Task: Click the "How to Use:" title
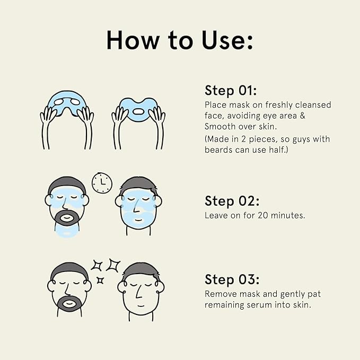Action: [180, 40]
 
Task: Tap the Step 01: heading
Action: [231, 90]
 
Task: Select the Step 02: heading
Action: [232, 201]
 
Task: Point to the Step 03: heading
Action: [232, 279]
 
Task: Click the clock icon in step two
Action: [102, 183]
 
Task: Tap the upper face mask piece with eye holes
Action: [67, 104]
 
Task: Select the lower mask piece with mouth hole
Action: [138, 109]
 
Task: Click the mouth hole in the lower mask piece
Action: [138, 112]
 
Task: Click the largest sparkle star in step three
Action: [114, 265]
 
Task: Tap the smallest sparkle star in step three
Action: [100, 280]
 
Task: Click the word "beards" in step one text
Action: [218, 150]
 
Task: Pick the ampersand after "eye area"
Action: [302, 116]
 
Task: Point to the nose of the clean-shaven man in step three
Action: [138, 293]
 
